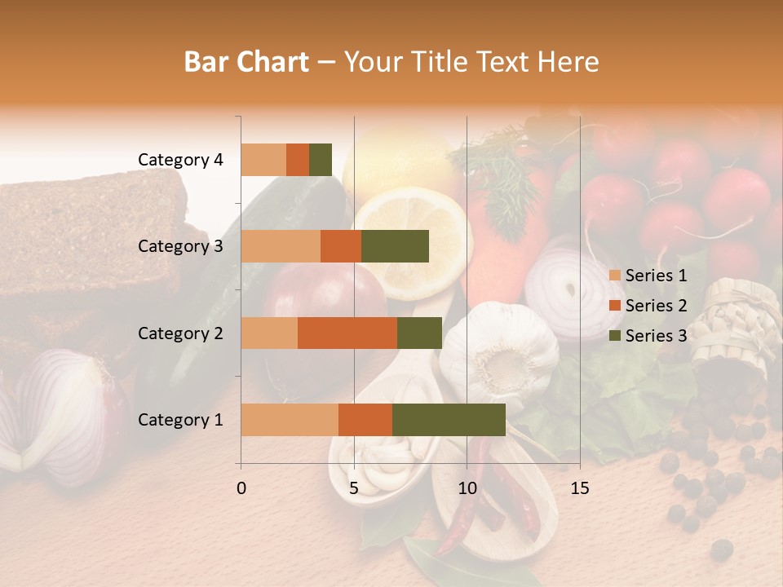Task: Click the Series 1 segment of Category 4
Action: coord(263,160)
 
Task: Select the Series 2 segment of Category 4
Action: coord(298,160)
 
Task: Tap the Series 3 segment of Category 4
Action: coord(321,160)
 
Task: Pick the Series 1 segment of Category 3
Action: coord(281,246)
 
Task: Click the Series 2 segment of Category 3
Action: coord(341,246)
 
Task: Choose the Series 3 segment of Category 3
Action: coord(395,246)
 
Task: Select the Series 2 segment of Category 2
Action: coord(347,333)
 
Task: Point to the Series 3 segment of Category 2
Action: coord(419,333)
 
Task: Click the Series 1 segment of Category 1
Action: coord(290,420)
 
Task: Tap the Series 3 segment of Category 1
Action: coord(449,420)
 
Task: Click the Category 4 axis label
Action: coord(180,160)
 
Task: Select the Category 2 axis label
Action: coord(180,333)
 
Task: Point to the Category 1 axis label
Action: coord(180,420)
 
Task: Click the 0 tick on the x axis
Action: coord(241,488)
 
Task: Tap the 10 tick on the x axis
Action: coord(467,488)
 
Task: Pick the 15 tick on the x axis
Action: coord(579,488)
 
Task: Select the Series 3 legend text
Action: coord(656,335)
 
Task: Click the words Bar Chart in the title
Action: coord(246,62)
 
